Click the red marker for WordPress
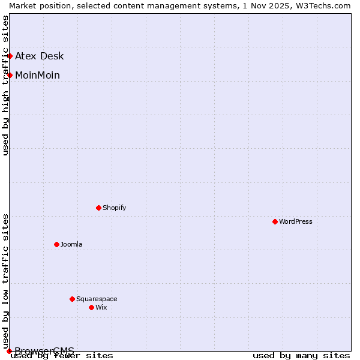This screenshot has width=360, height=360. tap(275, 221)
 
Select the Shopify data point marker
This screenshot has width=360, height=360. tap(98, 208)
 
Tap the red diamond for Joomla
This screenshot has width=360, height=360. tap(56, 244)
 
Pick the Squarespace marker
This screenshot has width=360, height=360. tap(72, 299)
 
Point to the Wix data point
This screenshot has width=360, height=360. tap(91, 307)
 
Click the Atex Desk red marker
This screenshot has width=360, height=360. tap(10, 56)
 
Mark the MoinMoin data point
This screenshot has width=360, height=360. tap(10, 75)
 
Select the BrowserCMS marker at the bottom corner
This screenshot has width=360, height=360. tap(9, 351)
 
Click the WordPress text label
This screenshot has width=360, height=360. tap(296, 221)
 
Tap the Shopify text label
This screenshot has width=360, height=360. tap(115, 208)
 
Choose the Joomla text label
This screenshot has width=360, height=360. tap(71, 244)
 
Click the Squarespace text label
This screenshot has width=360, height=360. tap(97, 299)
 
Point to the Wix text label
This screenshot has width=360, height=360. tap(101, 307)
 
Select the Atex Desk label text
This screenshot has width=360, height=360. tap(39, 56)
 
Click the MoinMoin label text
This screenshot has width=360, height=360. tap(37, 75)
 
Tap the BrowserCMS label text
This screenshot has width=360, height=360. tap(44, 350)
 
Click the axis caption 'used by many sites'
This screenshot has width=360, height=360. tap(301, 355)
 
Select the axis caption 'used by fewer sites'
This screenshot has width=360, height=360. tap(62, 355)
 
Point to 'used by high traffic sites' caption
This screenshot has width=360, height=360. tap(5, 85)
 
